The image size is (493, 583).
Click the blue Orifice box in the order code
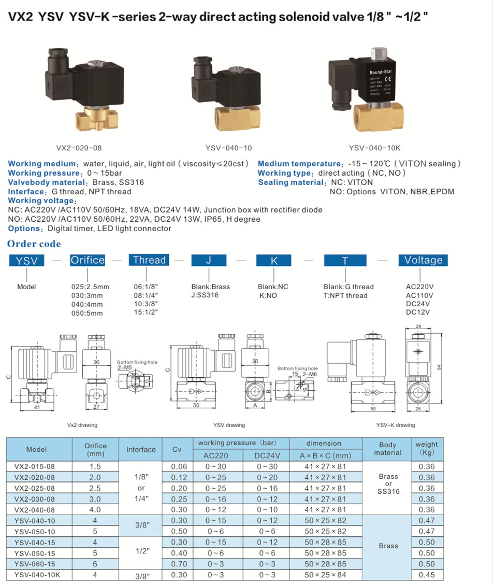point(88,260)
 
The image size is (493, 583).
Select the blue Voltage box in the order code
point(423,260)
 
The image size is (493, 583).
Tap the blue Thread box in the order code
point(149,260)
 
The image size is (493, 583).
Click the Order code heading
point(34,244)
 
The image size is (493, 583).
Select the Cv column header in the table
point(176,449)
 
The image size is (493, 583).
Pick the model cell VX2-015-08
point(34,466)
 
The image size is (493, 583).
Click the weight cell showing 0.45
point(426,574)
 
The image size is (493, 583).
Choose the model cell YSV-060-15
point(34,564)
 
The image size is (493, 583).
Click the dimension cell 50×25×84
point(325,574)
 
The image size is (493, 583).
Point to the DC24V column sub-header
point(268,456)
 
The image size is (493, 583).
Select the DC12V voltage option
point(418,312)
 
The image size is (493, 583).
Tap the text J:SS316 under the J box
point(205,295)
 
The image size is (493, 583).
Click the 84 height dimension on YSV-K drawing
point(439,367)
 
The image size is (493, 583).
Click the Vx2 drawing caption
point(82,425)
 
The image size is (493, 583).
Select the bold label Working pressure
point(45,173)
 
